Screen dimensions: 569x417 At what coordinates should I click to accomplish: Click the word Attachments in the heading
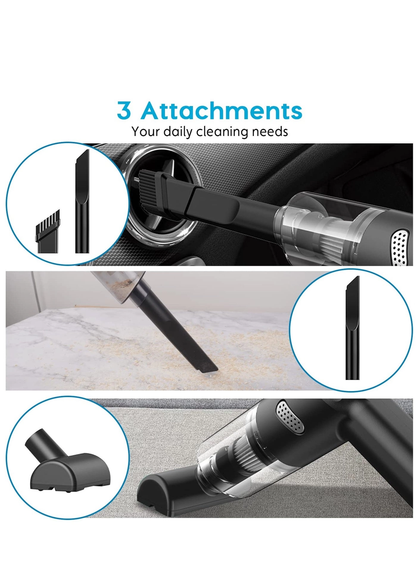tap(222, 111)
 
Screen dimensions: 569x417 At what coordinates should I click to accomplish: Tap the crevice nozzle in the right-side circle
tap(352, 328)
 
